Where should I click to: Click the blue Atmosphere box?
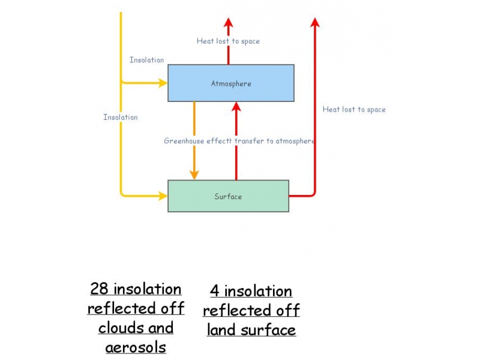pyautogui.click(x=264, y=93)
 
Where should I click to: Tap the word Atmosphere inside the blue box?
pyautogui.click(x=231, y=83)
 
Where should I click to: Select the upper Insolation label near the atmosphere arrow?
pyautogui.click(x=146, y=60)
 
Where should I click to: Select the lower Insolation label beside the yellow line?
pyautogui.click(x=120, y=117)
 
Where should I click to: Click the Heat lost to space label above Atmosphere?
pyautogui.click(x=228, y=41)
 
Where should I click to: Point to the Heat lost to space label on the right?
pyautogui.click(x=354, y=109)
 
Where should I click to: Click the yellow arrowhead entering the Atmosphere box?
pyautogui.click(x=163, y=83)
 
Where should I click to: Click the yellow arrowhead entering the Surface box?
pyautogui.click(x=163, y=195)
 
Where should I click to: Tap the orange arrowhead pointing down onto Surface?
pyautogui.click(x=194, y=175)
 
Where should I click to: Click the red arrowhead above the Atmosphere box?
pyautogui.click(x=228, y=23)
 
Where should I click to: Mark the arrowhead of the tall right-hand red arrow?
pyautogui.click(x=315, y=23)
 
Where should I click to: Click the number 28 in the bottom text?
pyautogui.click(x=99, y=289)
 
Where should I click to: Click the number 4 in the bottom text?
pyautogui.click(x=214, y=292)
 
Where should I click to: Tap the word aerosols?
pyautogui.click(x=136, y=347)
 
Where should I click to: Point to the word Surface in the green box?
pyautogui.click(x=228, y=196)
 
